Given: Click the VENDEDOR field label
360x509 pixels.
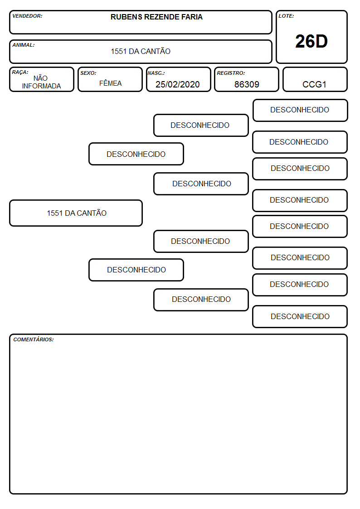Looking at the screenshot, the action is click(x=27, y=16).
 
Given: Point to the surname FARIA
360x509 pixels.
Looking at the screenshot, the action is click(x=192, y=17).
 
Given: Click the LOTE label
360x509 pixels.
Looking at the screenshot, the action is click(x=286, y=16).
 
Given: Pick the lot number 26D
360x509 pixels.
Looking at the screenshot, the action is click(x=311, y=41).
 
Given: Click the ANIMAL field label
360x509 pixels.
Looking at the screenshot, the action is click(x=24, y=45).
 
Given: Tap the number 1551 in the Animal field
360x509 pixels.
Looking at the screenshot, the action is click(x=119, y=51).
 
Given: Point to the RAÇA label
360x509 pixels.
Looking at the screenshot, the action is click(x=20, y=72).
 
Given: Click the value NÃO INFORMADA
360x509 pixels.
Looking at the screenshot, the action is click(x=41, y=82).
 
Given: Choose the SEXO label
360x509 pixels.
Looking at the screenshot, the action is click(x=88, y=73).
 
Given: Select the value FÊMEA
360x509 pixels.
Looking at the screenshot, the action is click(x=110, y=83).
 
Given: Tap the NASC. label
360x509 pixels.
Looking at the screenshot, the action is click(x=156, y=73).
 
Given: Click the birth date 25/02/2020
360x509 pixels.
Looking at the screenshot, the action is click(x=178, y=84).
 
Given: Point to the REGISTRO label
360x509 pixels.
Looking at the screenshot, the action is click(x=231, y=73).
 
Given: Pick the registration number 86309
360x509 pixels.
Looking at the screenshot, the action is click(x=247, y=84).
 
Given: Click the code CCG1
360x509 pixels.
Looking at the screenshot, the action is click(x=314, y=84).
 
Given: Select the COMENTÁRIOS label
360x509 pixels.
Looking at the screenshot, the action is click(x=34, y=339).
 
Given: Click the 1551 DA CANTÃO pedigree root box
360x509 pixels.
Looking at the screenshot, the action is click(x=76, y=213).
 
